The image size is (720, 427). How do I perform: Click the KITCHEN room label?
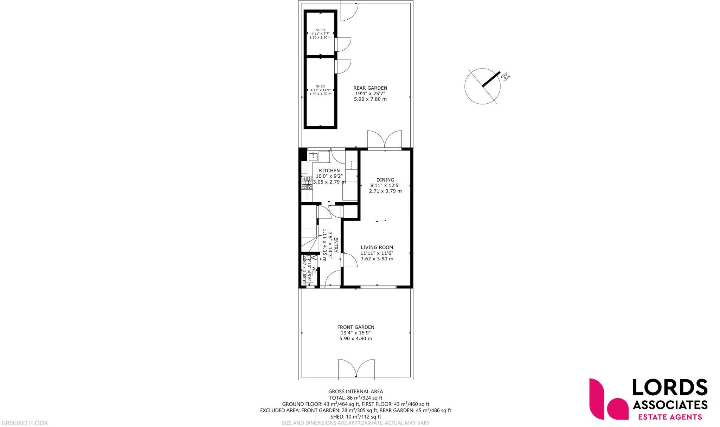coord(329,171)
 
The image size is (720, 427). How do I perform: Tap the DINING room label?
coord(385,180)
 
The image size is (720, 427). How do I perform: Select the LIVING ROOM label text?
coord(377,247)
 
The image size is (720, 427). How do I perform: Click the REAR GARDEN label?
coord(370,88)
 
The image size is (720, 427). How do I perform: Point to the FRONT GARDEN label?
coord(355,327)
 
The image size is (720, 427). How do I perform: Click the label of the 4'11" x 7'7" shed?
coord(320,30)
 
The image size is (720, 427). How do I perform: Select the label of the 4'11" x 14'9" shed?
coord(320,87)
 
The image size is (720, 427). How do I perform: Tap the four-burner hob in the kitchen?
coord(307,183)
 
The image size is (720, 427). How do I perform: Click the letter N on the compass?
coord(506,77)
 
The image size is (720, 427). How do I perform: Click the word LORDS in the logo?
coord(669,388)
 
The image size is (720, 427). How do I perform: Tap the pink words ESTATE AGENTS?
coord(669,417)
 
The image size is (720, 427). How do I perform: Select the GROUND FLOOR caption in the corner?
coord(25,423)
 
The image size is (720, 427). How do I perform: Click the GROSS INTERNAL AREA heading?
coord(355,391)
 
